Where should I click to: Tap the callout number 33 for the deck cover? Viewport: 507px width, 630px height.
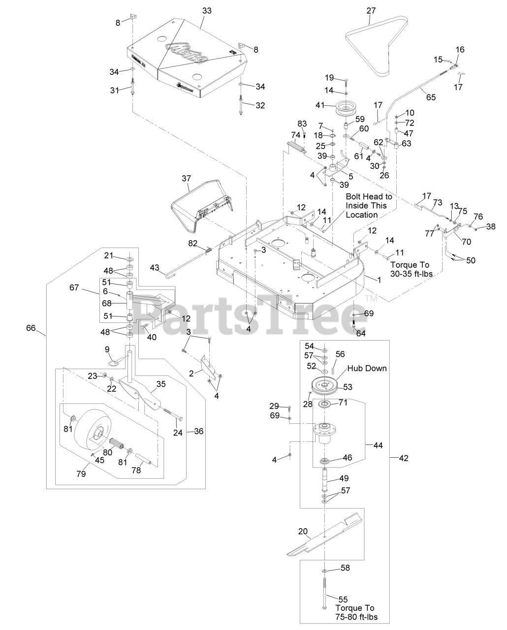207,11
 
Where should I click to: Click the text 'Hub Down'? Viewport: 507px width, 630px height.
367,368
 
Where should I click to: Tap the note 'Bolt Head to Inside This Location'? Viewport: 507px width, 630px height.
369,205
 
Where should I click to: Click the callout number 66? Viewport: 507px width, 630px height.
31,328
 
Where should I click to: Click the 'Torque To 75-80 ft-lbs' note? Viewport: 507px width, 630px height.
356,613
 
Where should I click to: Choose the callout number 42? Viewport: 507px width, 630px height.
404,458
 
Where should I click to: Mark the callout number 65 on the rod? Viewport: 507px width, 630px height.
431,97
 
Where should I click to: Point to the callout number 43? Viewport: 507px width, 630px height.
155,267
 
